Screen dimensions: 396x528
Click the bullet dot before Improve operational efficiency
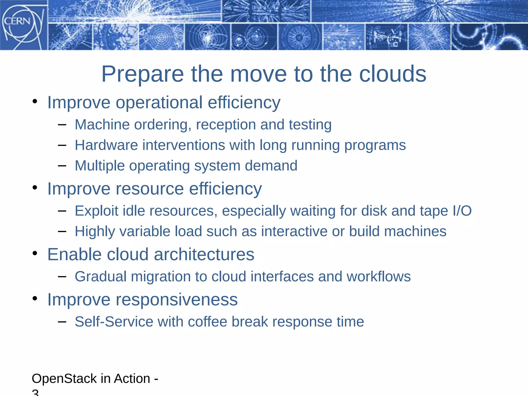(35, 101)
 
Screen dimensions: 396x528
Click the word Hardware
(106, 145)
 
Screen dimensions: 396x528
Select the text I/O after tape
(462, 211)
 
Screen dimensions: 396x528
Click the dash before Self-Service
(62, 321)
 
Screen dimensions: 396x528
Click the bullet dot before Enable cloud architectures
(35, 253)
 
